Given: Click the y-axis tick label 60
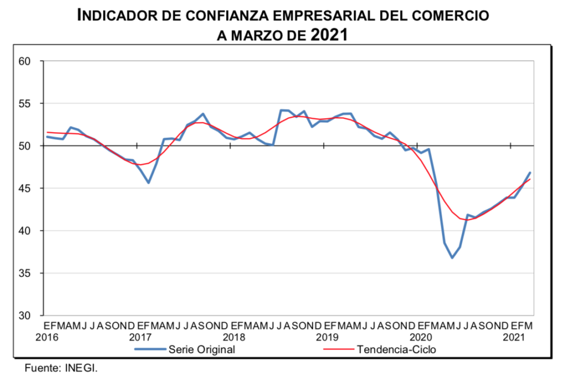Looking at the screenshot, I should pyautogui.click(x=26, y=61).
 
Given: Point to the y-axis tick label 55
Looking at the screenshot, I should pyautogui.click(x=26, y=104).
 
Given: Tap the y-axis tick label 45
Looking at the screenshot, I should pyautogui.click(x=26, y=188).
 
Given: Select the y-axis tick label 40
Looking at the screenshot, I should pyautogui.click(x=26, y=231).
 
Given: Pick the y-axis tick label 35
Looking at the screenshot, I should pyautogui.click(x=26, y=273).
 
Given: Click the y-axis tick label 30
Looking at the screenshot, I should pyautogui.click(x=26, y=315).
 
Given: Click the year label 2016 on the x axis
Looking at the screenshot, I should pyautogui.click(x=47, y=337).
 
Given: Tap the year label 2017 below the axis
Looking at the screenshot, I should pyautogui.click(x=141, y=337).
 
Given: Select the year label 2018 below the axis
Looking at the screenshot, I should pyautogui.click(x=234, y=337).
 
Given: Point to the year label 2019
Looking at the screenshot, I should pyautogui.click(x=327, y=337).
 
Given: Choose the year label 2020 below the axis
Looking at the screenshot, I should pyautogui.click(x=421, y=337).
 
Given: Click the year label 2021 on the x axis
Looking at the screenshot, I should pyautogui.click(x=514, y=337).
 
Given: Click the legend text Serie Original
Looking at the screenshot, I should pyautogui.click(x=202, y=350).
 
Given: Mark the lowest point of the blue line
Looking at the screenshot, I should pyautogui.click(x=452, y=257).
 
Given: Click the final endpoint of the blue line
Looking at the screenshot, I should pyautogui.click(x=530, y=173).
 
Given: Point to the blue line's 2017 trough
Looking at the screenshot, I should pyautogui.click(x=148, y=182).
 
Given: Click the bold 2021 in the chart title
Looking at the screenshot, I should pyautogui.click(x=329, y=35).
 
